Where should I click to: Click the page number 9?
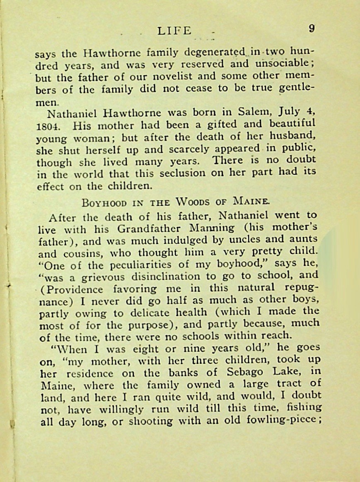tap(312, 29)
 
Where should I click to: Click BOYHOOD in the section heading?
tap(104, 203)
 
